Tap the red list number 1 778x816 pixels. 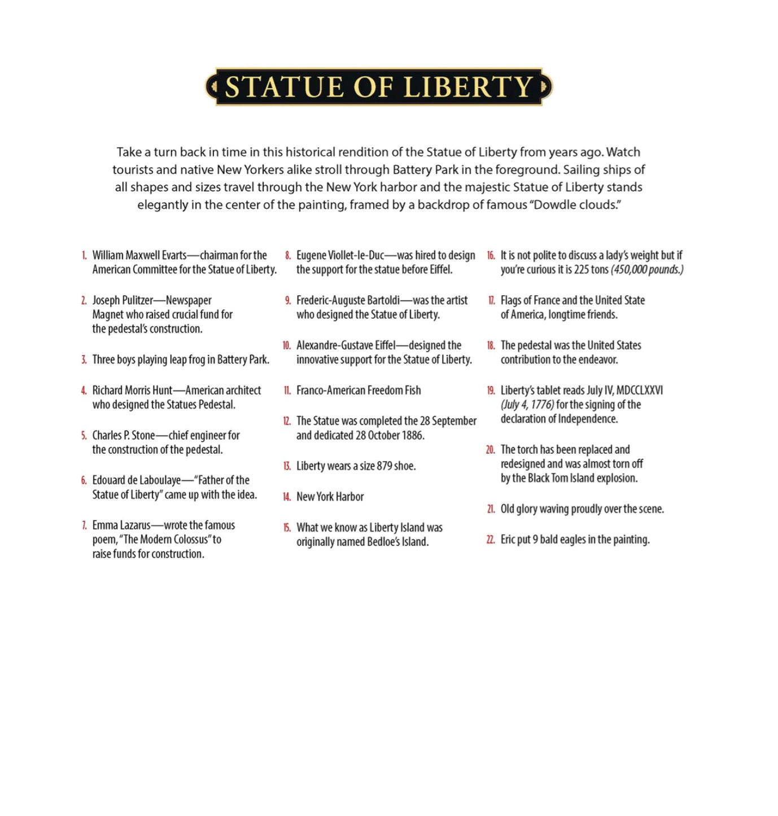[x=84, y=256]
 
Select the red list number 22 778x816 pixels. [x=491, y=540]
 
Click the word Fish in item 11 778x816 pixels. [x=412, y=391]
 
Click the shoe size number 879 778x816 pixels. [x=384, y=466]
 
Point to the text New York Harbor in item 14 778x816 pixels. [x=330, y=497]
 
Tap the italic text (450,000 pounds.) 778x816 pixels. [x=647, y=270]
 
